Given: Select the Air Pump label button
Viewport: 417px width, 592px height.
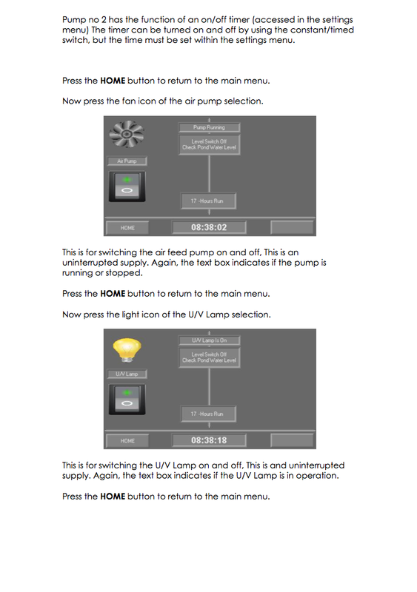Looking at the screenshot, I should pyautogui.click(x=127, y=161).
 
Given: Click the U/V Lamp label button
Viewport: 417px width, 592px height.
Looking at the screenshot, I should pyautogui.click(x=127, y=374).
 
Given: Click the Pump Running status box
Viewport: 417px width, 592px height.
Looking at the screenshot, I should pyautogui.click(x=210, y=127).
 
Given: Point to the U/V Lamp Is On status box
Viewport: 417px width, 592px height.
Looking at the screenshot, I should pyautogui.click(x=210, y=340).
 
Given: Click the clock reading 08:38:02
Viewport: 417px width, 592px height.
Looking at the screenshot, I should pyautogui.click(x=209, y=227).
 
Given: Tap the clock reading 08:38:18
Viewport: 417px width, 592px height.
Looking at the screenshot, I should pyautogui.click(x=209, y=440).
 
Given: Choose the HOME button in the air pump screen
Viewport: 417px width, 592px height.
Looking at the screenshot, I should pyautogui.click(x=127, y=228).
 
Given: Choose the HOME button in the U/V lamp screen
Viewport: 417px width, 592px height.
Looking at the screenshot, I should pyautogui.click(x=127, y=440).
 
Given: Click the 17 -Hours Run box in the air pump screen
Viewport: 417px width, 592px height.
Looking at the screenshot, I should pyautogui.click(x=207, y=201).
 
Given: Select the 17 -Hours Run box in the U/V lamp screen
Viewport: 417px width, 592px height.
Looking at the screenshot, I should pyautogui.click(x=207, y=414).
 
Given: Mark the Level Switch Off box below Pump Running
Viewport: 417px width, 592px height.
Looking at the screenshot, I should pyautogui.click(x=210, y=144).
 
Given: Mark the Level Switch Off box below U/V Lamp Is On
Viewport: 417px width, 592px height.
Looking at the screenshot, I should pyautogui.click(x=210, y=357).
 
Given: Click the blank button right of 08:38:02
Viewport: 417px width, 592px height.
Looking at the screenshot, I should pyautogui.click(x=292, y=227).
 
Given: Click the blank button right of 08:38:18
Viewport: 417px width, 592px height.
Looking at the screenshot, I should pyautogui.click(x=292, y=440).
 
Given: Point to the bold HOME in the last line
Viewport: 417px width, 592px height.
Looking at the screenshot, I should pyautogui.click(x=112, y=497).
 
